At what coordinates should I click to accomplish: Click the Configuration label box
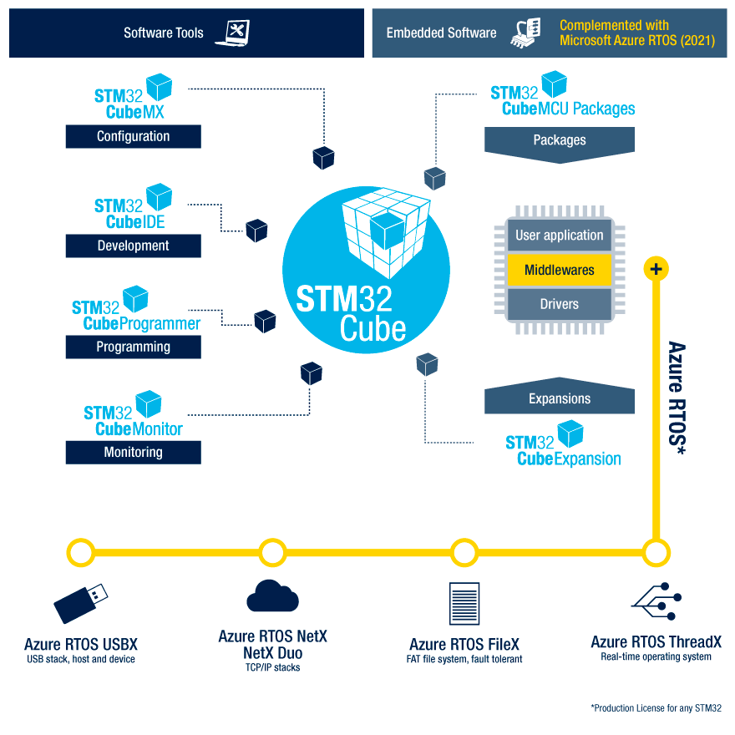click(134, 136)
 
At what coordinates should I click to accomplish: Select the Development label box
click(134, 246)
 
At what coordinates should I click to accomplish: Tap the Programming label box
click(134, 347)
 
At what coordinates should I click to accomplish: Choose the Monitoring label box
click(134, 452)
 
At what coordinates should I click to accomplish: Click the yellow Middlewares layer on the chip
click(560, 270)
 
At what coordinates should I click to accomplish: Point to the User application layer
click(560, 236)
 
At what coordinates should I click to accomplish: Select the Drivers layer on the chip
click(560, 304)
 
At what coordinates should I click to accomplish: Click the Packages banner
click(560, 140)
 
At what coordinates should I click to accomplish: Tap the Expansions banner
click(560, 399)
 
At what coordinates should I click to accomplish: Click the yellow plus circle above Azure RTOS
click(656, 269)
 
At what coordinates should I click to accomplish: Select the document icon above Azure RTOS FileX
click(464, 604)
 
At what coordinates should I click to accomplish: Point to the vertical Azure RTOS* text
click(677, 398)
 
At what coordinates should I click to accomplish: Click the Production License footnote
click(656, 708)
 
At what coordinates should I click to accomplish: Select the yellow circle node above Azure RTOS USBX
click(81, 552)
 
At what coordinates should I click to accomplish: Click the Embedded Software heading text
click(441, 33)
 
